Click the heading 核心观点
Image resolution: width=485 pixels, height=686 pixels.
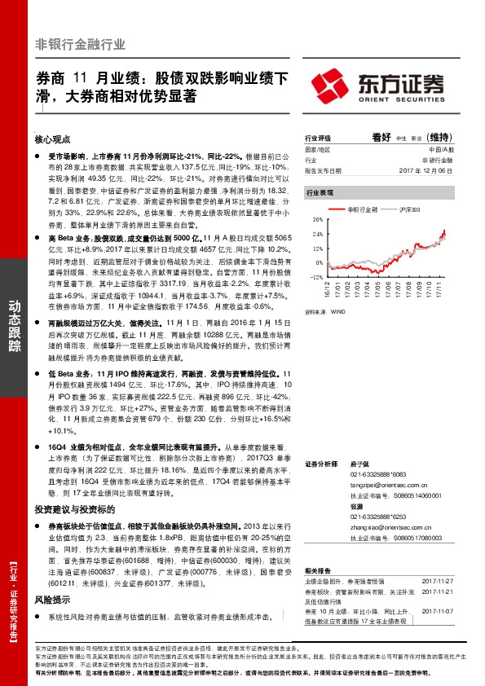coord(54,139)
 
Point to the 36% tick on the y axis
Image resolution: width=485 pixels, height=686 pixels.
coord(317,220)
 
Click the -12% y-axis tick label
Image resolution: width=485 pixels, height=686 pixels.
coord(316,277)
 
